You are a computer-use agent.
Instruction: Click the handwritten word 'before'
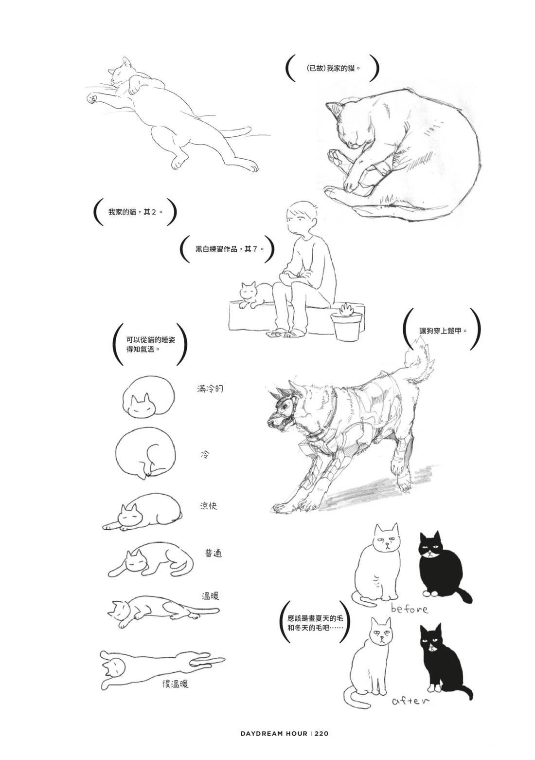point(409,609)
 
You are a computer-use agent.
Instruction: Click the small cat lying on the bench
point(255,295)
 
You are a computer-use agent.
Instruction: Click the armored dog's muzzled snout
point(278,421)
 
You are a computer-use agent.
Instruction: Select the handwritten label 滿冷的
point(210,389)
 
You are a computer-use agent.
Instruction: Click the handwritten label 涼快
point(208,506)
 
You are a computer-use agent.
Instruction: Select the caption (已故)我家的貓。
point(333,68)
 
